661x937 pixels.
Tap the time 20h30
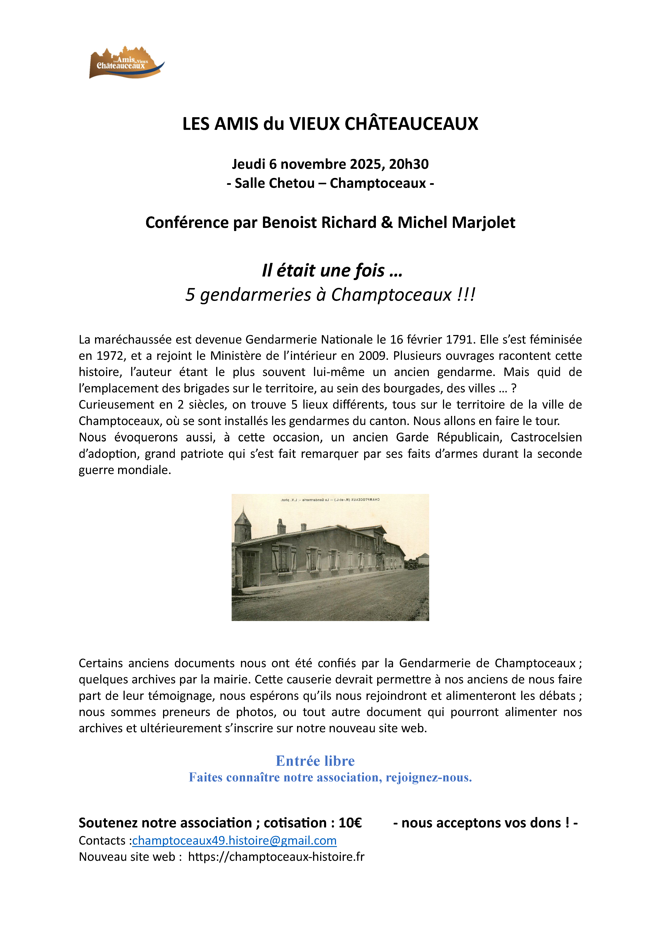click(409, 164)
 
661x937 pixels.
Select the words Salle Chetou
click(274, 183)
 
